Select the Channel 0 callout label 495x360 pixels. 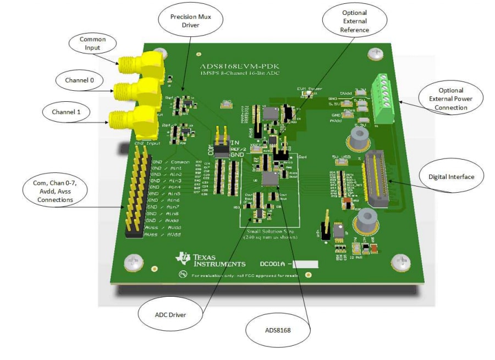point(80,80)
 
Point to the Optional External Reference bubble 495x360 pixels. point(355,20)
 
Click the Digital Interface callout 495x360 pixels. point(451,177)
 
